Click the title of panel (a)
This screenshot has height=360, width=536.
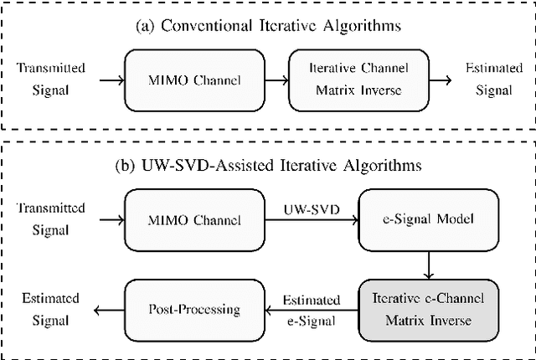267,26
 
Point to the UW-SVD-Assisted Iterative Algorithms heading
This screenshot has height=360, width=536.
267,165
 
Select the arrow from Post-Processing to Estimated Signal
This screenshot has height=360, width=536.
106,310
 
